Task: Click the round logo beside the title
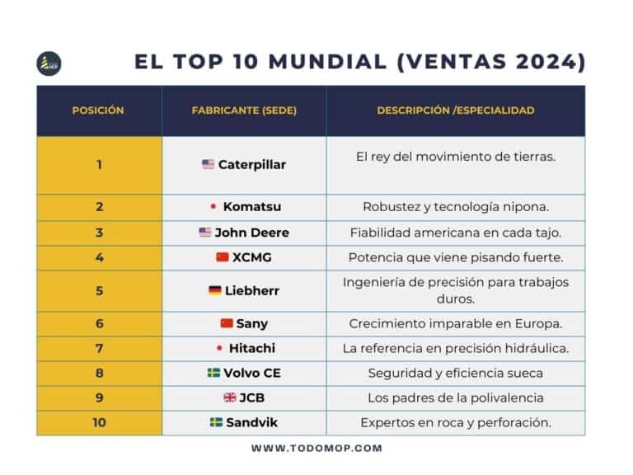(49, 63)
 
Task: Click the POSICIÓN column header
(98, 111)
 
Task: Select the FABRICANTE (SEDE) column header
(244, 111)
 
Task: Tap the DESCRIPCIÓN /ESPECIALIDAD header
(456, 111)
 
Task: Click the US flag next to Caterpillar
(209, 164)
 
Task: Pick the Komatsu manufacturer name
(252, 207)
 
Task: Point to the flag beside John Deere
(205, 233)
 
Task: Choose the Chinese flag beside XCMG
(222, 257)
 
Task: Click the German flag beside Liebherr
(215, 290)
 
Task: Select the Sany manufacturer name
(251, 323)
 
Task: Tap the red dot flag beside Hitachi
(219, 348)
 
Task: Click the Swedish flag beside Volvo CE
(213, 373)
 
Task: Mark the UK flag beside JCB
(230, 397)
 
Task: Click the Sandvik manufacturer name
(252, 422)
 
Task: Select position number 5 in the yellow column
(99, 290)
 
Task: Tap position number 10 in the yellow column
(99, 422)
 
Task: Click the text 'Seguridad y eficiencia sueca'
(456, 373)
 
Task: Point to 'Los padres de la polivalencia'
(456, 397)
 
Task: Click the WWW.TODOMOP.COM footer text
(316, 448)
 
